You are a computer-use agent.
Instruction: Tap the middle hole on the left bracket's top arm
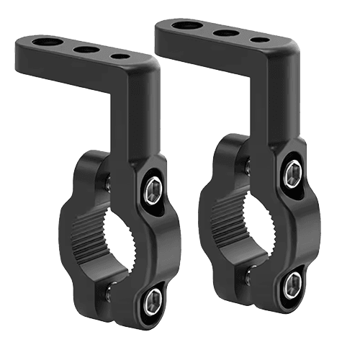click(x=86, y=50)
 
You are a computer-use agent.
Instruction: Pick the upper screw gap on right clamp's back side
click(x=246, y=166)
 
